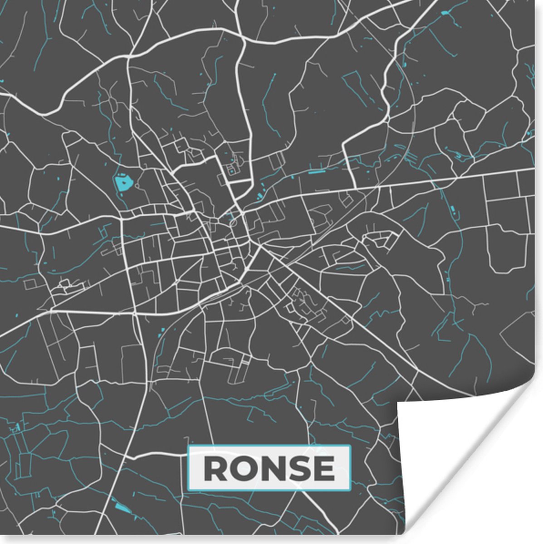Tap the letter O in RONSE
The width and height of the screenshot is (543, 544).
[x=245, y=468]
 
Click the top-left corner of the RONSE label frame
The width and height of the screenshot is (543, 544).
[x=189, y=447]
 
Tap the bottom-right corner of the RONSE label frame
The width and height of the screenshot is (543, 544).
[x=351, y=490]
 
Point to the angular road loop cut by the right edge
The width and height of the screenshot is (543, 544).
[x=522, y=335]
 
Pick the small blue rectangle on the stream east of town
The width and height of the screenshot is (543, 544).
[x=453, y=209]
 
